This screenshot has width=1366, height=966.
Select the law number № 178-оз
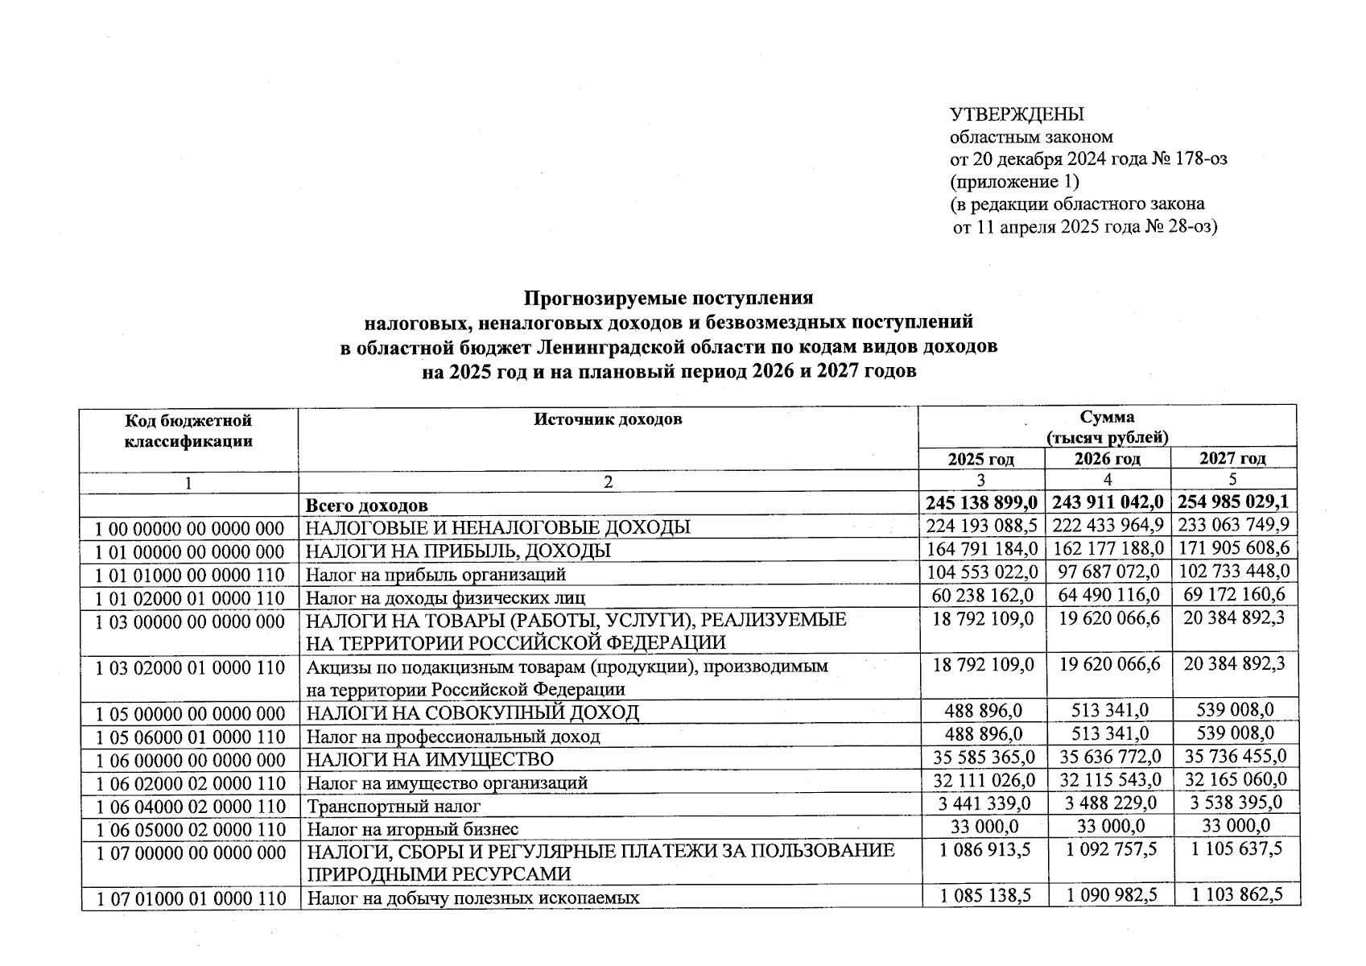click(x=1191, y=159)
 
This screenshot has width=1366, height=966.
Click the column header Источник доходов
click(x=608, y=419)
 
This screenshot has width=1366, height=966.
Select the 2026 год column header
click(x=1108, y=459)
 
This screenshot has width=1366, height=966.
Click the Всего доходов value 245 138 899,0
click(x=981, y=503)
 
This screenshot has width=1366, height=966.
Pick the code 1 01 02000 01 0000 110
click(x=189, y=598)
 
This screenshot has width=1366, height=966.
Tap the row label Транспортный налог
click(x=393, y=806)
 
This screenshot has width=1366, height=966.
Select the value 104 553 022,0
click(x=981, y=572)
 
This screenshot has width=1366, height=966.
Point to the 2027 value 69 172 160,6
click(x=1232, y=596)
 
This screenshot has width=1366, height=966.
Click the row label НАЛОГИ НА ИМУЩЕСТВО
click(x=429, y=759)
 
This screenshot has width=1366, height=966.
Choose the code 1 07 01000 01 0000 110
click(x=191, y=898)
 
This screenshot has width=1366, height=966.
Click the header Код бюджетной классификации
click(x=189, y=431)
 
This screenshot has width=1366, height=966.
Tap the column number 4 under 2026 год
click(x=1108, y=481)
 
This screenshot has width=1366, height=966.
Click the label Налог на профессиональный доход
click(x=452, y=737)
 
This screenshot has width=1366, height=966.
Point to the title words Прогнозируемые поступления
click(x=668, y=299)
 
